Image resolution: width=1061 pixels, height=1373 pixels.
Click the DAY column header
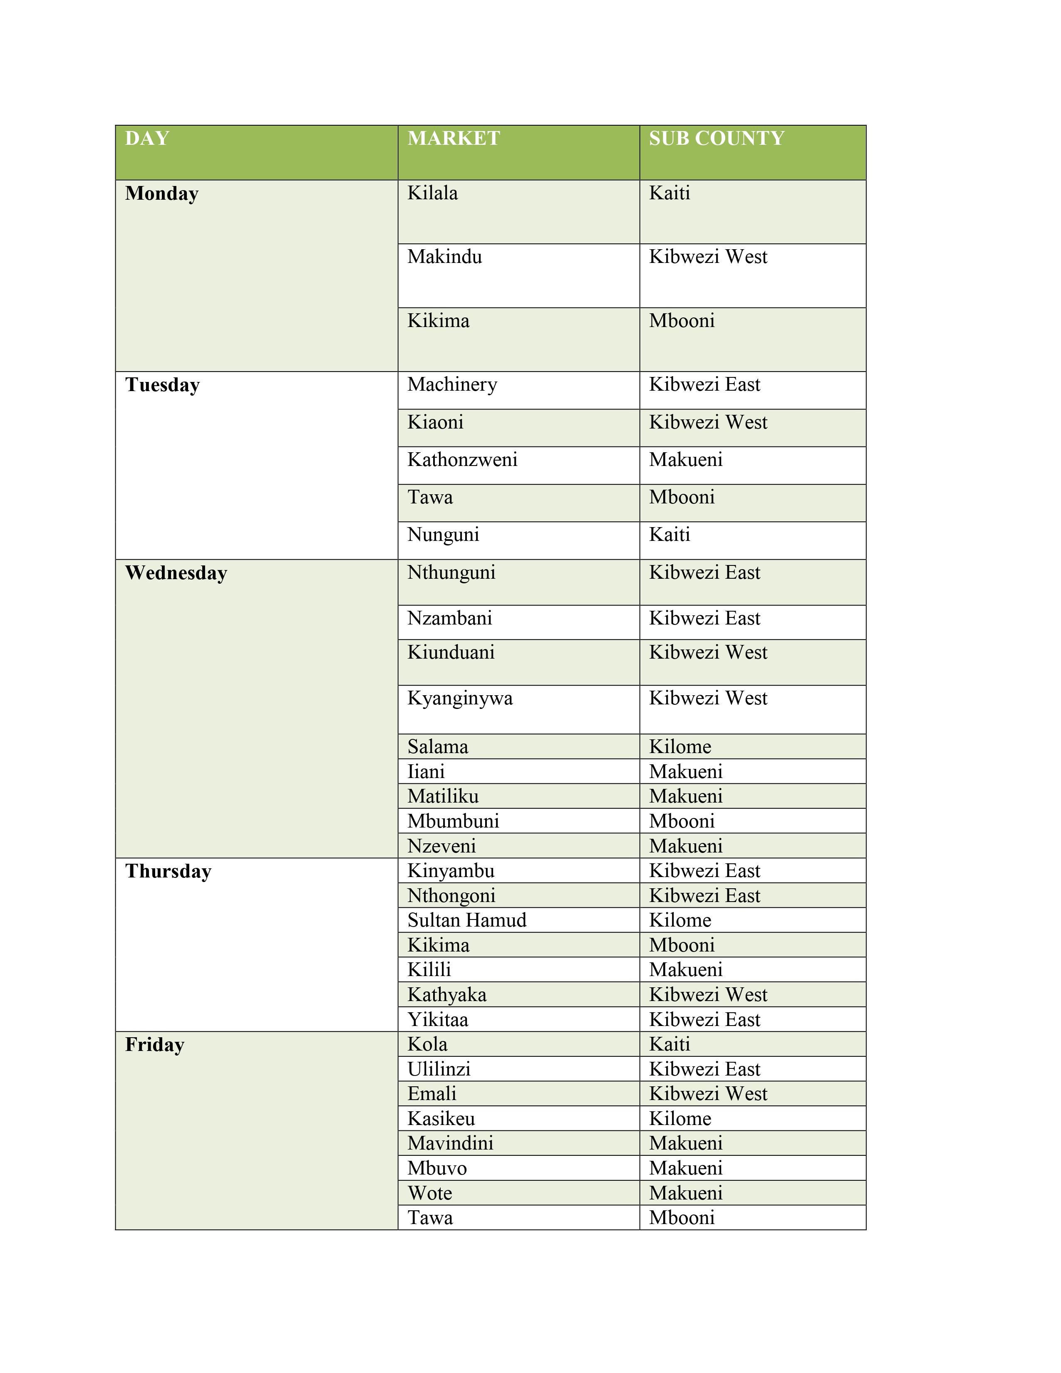tap(147, 138)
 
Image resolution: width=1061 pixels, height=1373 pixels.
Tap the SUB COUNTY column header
tap(716, 138)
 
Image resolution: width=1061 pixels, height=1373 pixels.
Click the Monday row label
tap(161, 193)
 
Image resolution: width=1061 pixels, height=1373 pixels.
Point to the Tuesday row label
tap(162, 385)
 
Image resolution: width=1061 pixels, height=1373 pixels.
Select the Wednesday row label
tap(176, 573)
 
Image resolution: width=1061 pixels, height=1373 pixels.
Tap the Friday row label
tap(155, 1045)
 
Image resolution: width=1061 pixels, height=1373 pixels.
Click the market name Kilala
tap(432, 193)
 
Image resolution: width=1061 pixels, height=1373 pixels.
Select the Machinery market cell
tap(452, 384)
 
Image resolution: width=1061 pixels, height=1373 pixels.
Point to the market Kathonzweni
tap(462, 460)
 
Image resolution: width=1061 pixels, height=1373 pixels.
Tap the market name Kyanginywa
tap(459, 699)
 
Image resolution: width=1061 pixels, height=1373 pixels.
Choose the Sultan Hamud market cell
tap(466, 920)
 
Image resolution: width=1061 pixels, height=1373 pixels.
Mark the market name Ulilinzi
tap(439, 1069)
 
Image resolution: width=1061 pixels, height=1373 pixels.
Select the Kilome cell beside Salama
tap(680, 747)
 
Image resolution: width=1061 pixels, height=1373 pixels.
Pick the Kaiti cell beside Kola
tap(669, 1044)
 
